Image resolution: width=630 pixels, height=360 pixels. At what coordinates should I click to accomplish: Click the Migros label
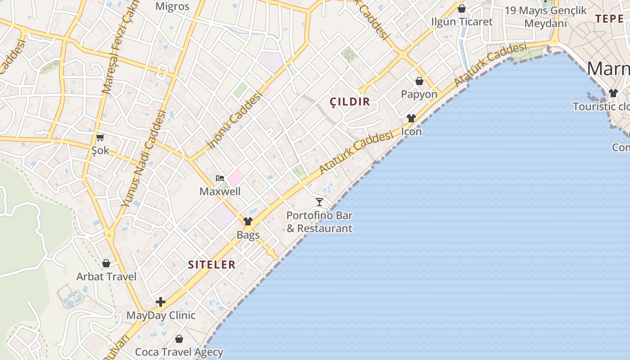[172, 6]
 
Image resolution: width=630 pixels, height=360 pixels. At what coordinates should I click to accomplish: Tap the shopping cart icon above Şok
[100, 137]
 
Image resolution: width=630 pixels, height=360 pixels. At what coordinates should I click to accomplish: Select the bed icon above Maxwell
[220, 178]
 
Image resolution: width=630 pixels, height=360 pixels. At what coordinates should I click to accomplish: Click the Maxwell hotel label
[220, 191]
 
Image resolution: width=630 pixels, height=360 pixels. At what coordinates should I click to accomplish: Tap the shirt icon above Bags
[248, 221]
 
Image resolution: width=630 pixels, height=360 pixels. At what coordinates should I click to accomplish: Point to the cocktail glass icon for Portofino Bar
[319, 202]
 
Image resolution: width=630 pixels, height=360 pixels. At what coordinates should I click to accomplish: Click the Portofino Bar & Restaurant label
[319, 222]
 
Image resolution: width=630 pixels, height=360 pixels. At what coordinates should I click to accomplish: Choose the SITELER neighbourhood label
[212, 265]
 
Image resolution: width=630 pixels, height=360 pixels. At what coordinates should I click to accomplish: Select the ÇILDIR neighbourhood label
[350, 102]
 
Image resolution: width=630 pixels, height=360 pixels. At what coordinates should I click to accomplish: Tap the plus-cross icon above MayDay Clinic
[161, 302]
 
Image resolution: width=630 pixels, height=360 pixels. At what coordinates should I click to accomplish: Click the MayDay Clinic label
[161, 315]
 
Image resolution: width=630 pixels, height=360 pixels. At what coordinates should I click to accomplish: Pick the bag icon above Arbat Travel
[106, 263]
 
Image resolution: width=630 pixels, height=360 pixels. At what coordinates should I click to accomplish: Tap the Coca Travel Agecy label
[179, 352]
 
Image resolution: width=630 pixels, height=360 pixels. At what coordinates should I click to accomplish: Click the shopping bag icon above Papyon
[419, 81]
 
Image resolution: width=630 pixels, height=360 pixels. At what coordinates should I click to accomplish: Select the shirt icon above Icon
[411, 118]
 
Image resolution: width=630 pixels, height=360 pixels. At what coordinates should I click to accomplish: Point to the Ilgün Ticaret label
[462, 22]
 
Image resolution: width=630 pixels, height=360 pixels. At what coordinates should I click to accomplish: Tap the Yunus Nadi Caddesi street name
[144, 159]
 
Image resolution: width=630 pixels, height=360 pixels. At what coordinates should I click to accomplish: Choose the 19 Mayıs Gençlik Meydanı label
[546, 17]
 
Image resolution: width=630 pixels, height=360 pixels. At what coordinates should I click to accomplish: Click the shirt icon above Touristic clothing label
[613, 93]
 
